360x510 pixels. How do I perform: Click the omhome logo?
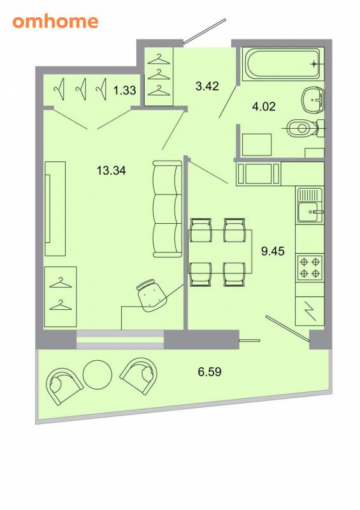[55, 22]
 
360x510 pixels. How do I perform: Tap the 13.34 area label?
[112, 170]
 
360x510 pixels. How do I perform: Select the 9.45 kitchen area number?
[273, 251]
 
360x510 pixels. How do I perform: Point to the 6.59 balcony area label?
[210, 372]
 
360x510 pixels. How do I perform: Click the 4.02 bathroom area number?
[264, 106]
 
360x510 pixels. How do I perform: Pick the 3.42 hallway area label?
[207, 86]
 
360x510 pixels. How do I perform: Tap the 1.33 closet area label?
[124, 90]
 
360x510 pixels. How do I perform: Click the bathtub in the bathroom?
[282, 63]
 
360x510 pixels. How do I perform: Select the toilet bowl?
[303, 129]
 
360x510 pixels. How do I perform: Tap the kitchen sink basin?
[308, 212]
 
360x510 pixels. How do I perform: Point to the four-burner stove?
[310, 268]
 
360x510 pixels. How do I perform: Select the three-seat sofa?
[167, 209]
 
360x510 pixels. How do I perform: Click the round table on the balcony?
[97, 375]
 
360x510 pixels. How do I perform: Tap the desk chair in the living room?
[151, 295]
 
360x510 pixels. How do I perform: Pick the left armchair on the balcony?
[64, 386]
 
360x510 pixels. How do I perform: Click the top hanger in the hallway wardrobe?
[159, 59]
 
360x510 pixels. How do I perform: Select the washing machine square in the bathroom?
[257, 145]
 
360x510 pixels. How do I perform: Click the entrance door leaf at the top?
[205, 31]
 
